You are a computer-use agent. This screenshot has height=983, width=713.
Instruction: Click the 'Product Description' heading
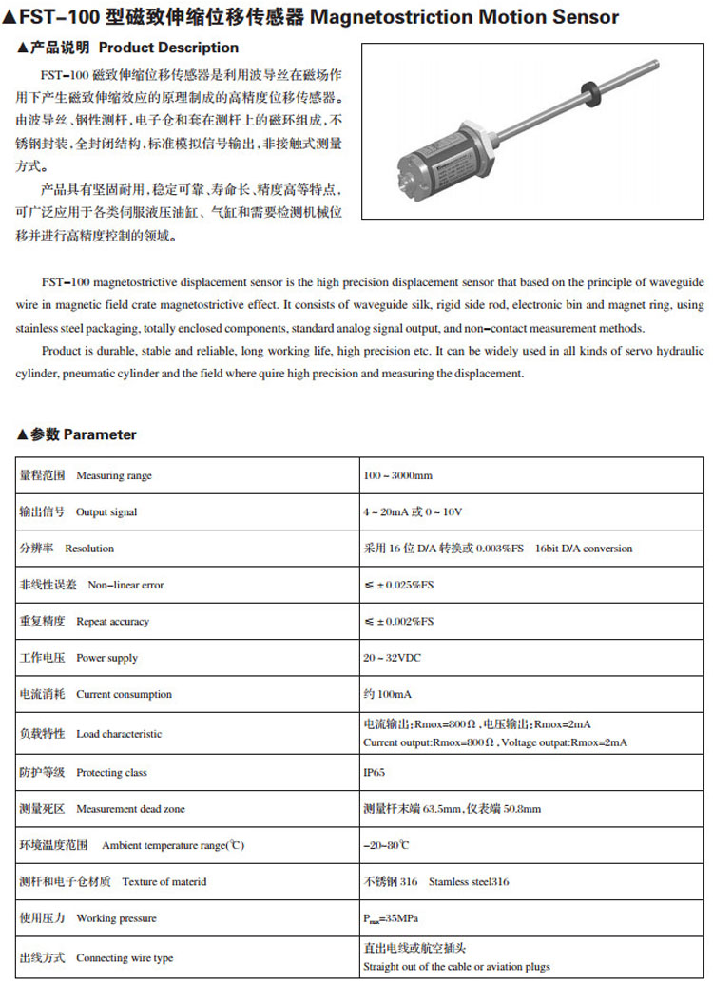pos(168,48)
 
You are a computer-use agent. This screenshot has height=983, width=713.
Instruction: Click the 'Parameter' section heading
pos(99,434)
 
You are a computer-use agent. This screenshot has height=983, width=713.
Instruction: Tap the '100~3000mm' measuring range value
pos(397,475)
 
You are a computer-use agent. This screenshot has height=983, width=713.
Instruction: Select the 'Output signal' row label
pos(106,512)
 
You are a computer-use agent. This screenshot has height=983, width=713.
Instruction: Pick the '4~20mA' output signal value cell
pos(413,512)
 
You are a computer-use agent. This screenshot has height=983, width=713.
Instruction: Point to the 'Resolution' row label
pos(89,549)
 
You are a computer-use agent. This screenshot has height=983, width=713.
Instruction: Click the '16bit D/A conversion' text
pos(583,549)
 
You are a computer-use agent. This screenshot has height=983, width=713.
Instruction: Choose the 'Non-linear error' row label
pos(125,586)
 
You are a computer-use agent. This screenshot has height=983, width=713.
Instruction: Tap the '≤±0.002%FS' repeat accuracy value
pos(398,622)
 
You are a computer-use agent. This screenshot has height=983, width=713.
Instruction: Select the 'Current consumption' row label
pos(124,694)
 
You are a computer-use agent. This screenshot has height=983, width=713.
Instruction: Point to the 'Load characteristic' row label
pos(119,734)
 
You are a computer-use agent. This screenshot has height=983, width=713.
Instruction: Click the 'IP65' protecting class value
pos(375,773)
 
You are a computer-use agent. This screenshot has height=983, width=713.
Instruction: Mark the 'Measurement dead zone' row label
pos(130,809)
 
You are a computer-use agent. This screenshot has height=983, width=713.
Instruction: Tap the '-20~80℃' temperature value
pos(386,845)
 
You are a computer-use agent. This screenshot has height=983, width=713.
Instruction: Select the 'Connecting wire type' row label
pos(125,958)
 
